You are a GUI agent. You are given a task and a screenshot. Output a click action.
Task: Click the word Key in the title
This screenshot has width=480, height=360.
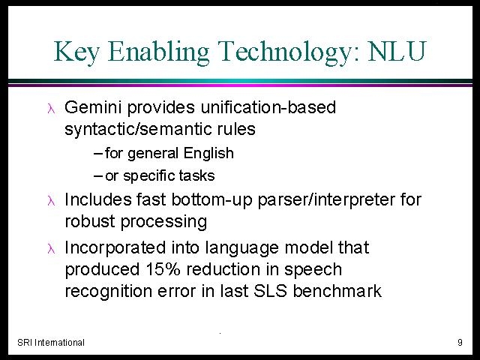click(76, 51)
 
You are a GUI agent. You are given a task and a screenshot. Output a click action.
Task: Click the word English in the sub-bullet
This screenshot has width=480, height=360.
click(208, 153)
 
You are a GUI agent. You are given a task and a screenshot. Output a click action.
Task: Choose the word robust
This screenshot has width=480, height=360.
click(90, 221)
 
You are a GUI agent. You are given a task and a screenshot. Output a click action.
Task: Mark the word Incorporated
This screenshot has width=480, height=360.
click(115, 248)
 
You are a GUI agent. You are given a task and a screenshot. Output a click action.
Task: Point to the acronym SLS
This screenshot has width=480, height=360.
click(270, 290)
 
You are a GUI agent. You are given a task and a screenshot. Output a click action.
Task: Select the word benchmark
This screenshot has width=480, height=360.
click(337, 290)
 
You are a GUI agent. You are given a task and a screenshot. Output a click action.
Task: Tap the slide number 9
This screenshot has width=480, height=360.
click(460, 342)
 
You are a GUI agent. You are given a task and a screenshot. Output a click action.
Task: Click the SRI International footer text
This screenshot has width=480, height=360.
click(51, 342)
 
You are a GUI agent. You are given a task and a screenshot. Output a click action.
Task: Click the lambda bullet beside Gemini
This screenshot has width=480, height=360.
click(51, 109)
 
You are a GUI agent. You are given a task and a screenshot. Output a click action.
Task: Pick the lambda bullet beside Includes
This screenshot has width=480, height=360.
click(51, 201)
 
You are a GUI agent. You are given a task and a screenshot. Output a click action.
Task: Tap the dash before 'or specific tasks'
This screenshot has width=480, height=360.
click(98, 176)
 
